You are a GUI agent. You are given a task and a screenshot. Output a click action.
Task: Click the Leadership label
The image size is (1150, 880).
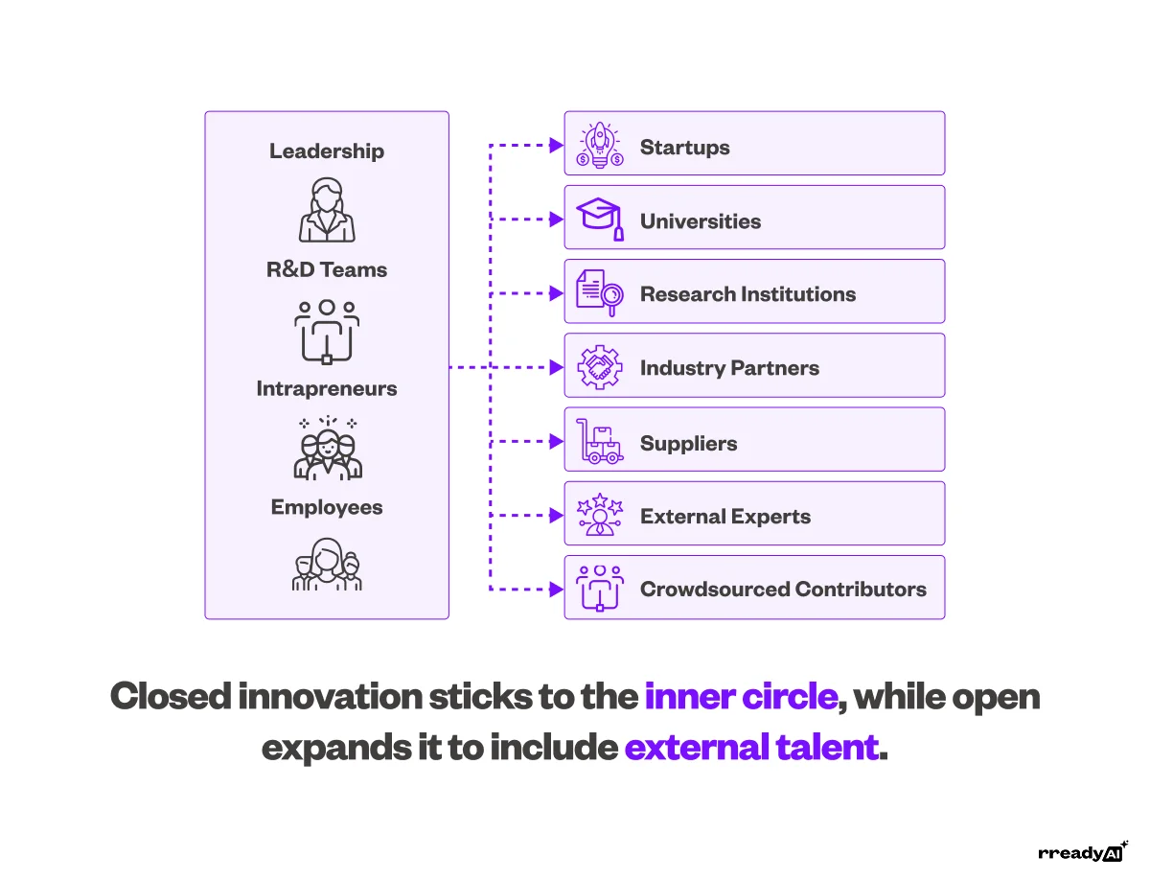(x=326, y=151)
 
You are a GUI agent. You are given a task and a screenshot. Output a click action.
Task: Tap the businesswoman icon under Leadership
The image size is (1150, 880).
(x=327, y=210)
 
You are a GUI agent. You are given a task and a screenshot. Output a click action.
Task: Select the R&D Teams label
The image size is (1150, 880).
(x=326, y=270)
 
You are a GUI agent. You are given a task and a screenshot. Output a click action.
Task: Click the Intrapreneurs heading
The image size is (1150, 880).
(x=326, y=389)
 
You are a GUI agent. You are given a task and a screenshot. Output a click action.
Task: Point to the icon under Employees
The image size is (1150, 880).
(x=327, y=566)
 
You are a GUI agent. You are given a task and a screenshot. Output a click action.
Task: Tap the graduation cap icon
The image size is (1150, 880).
(x=600, y=219)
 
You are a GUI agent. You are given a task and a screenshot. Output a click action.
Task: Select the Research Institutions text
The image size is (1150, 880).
(x=747, y=294)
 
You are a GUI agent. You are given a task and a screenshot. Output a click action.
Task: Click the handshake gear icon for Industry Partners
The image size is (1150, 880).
(x=600, y=367)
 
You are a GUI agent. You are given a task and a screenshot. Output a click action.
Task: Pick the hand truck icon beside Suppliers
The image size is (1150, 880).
(x=600, y=442)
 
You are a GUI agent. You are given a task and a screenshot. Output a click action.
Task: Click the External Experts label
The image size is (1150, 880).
(x=724, y=517)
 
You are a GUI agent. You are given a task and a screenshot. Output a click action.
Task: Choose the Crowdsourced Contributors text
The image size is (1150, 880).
(x=783, y=590)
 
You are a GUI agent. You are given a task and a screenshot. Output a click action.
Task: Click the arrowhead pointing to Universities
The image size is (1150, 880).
(x=557, y=220)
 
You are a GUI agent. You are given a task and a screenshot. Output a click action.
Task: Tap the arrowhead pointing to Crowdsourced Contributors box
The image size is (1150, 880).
(x=557, y=590)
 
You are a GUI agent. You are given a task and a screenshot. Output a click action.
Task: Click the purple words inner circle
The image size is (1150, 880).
(x=741, y=697)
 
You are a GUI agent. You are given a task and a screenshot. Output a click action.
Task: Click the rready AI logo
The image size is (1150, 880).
(x=1082, y=852)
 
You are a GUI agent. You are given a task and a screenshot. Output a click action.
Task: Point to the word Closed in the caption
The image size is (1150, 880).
(x=170, y=697)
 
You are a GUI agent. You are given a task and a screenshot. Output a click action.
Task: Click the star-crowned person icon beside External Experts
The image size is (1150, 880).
(x=600, y=516)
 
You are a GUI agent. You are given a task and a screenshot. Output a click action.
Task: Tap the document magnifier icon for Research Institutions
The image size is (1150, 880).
(x=600, y=292)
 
